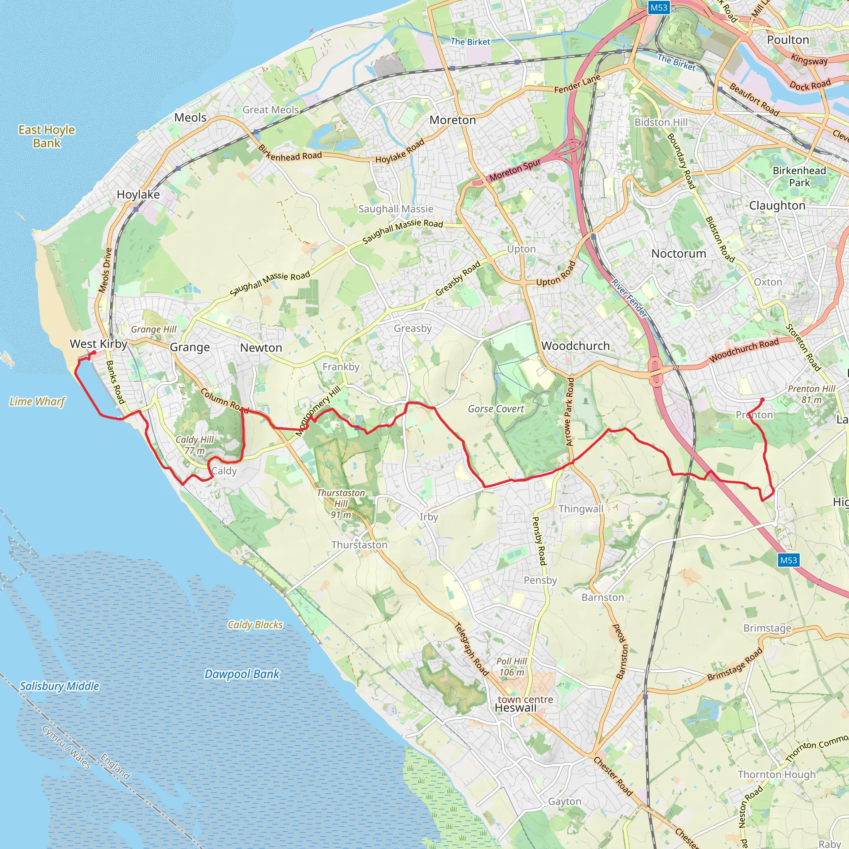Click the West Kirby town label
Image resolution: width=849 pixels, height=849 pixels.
pos(98,344)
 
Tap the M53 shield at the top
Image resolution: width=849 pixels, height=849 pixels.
pos(659,7)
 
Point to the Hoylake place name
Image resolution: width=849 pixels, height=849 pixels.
pos(138,194)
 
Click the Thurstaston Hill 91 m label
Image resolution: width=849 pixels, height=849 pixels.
pos(341,504)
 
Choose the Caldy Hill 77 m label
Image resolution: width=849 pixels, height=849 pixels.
pos(195,445)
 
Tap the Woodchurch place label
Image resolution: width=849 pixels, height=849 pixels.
pos(575,346)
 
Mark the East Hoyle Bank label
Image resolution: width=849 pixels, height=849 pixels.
pos(46,136)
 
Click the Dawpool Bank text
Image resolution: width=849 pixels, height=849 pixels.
pos(242,674)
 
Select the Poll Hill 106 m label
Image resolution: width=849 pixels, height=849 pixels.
pos(512,667)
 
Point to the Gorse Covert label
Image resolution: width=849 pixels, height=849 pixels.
pos(496,409)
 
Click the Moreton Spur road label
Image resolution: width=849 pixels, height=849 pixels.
pos(515,170)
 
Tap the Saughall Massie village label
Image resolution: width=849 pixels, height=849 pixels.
pos(395,209)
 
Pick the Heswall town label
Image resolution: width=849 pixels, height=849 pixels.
pos(515,708)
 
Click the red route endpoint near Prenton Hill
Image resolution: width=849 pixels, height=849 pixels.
pos(762,400)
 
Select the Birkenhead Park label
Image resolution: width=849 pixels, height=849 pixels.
pos(799,176)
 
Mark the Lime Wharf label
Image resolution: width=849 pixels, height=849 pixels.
pos(37,401)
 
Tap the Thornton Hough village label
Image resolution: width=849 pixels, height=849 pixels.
pos(776,774)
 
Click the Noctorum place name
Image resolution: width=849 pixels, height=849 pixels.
pos(679,254)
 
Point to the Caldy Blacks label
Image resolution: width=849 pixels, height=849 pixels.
pos(255,624)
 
